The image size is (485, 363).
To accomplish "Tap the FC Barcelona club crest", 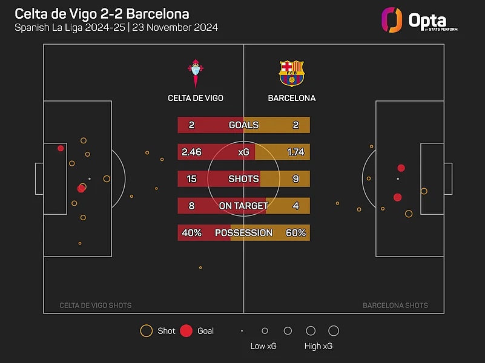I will (291, 73).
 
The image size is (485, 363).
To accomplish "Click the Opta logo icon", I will (392, 19).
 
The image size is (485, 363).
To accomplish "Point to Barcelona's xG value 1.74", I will (295, 152).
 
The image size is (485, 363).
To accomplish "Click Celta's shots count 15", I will (191, 178).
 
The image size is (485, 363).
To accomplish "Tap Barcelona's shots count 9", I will (295, 178).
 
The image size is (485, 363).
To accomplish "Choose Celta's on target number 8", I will (191, 206).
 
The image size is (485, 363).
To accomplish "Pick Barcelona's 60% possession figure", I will (295, 232).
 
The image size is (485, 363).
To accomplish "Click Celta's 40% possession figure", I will (191, 232).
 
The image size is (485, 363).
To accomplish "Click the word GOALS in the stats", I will (243, 125).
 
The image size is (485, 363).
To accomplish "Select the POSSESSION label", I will (243, 232).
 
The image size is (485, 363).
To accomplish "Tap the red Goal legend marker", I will (186, 331).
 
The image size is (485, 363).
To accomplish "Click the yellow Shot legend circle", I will (146, 331).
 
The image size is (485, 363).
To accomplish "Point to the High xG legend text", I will (318, 346).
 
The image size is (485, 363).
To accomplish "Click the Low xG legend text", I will (263, 346).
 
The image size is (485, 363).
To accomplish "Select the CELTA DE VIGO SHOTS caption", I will (95, 306).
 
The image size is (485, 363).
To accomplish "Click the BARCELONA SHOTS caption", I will (395, 306).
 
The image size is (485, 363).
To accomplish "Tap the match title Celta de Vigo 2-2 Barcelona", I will (102, 13).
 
